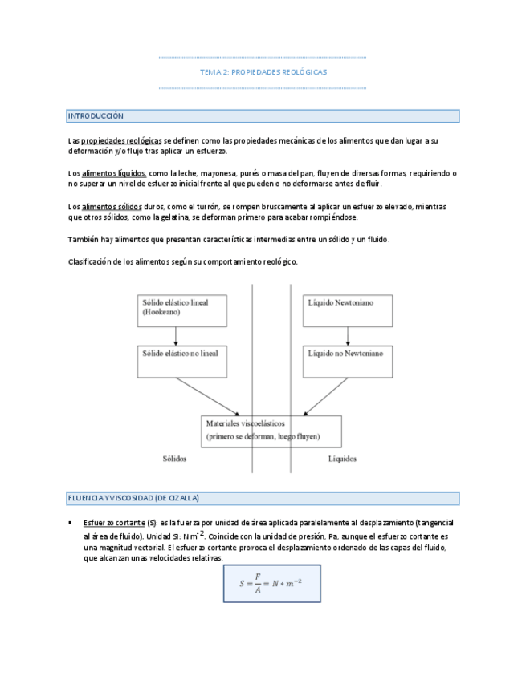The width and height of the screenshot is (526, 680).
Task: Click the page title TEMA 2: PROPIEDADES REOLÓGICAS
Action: pos(263,72)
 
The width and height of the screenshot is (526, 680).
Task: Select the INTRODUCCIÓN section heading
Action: pos(96,116)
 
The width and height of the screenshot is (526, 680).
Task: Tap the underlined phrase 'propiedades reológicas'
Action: pos(121,140)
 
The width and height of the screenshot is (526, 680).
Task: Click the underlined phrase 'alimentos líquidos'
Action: pos(114,173)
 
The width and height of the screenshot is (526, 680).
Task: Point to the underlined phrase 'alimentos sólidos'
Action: pos(112,206)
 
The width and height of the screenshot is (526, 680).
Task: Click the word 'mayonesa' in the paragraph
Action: pos(214,173)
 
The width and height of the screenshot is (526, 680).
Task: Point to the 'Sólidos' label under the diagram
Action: pos(173,459)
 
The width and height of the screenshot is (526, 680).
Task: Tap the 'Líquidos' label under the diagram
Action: pos(343,459)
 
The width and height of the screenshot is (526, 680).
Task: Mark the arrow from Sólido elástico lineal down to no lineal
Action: pos(176,336)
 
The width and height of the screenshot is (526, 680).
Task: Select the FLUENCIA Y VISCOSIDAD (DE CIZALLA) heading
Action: pos(133,498)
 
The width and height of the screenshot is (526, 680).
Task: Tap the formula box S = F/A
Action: pos(271,583)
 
